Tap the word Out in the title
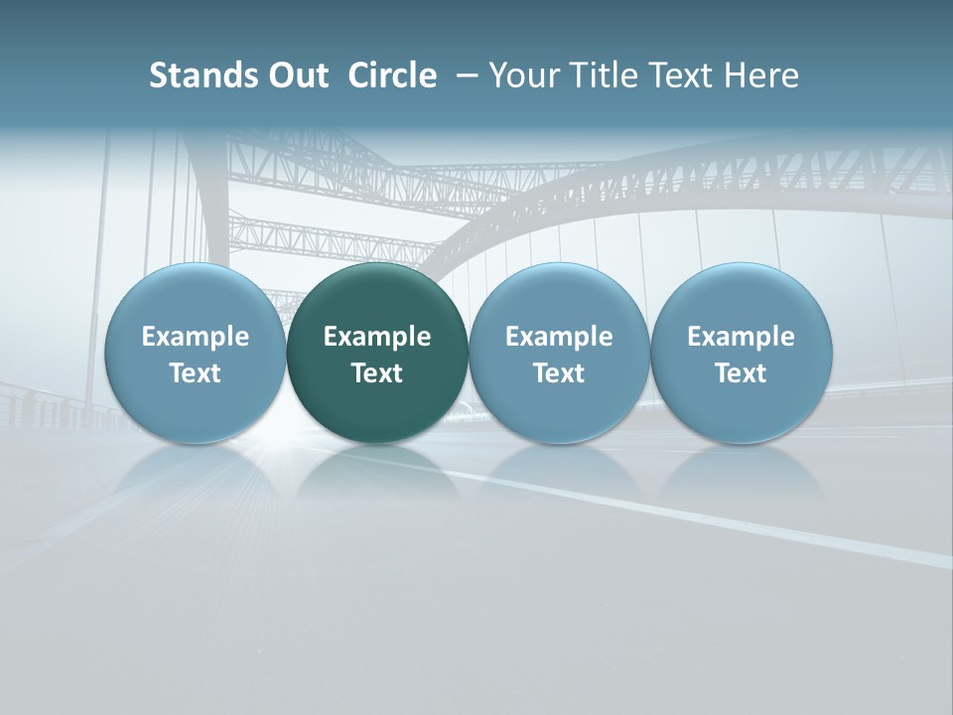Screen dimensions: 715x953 [293, 75]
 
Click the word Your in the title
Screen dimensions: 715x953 [523, 75]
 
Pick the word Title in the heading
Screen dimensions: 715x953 [600, 75]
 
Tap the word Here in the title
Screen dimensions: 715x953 [761, 75]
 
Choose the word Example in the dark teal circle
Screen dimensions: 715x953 [377, 337]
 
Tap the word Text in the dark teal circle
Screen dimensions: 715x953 [377, 373]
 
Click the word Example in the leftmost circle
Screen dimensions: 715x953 [196, 337]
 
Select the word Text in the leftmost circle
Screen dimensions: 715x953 [196, 373]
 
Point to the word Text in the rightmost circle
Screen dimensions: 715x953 [741, 373]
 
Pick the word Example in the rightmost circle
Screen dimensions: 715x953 [741, 337]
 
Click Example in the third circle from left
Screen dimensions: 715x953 [559, 337]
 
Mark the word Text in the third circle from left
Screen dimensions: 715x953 [559, 373]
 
